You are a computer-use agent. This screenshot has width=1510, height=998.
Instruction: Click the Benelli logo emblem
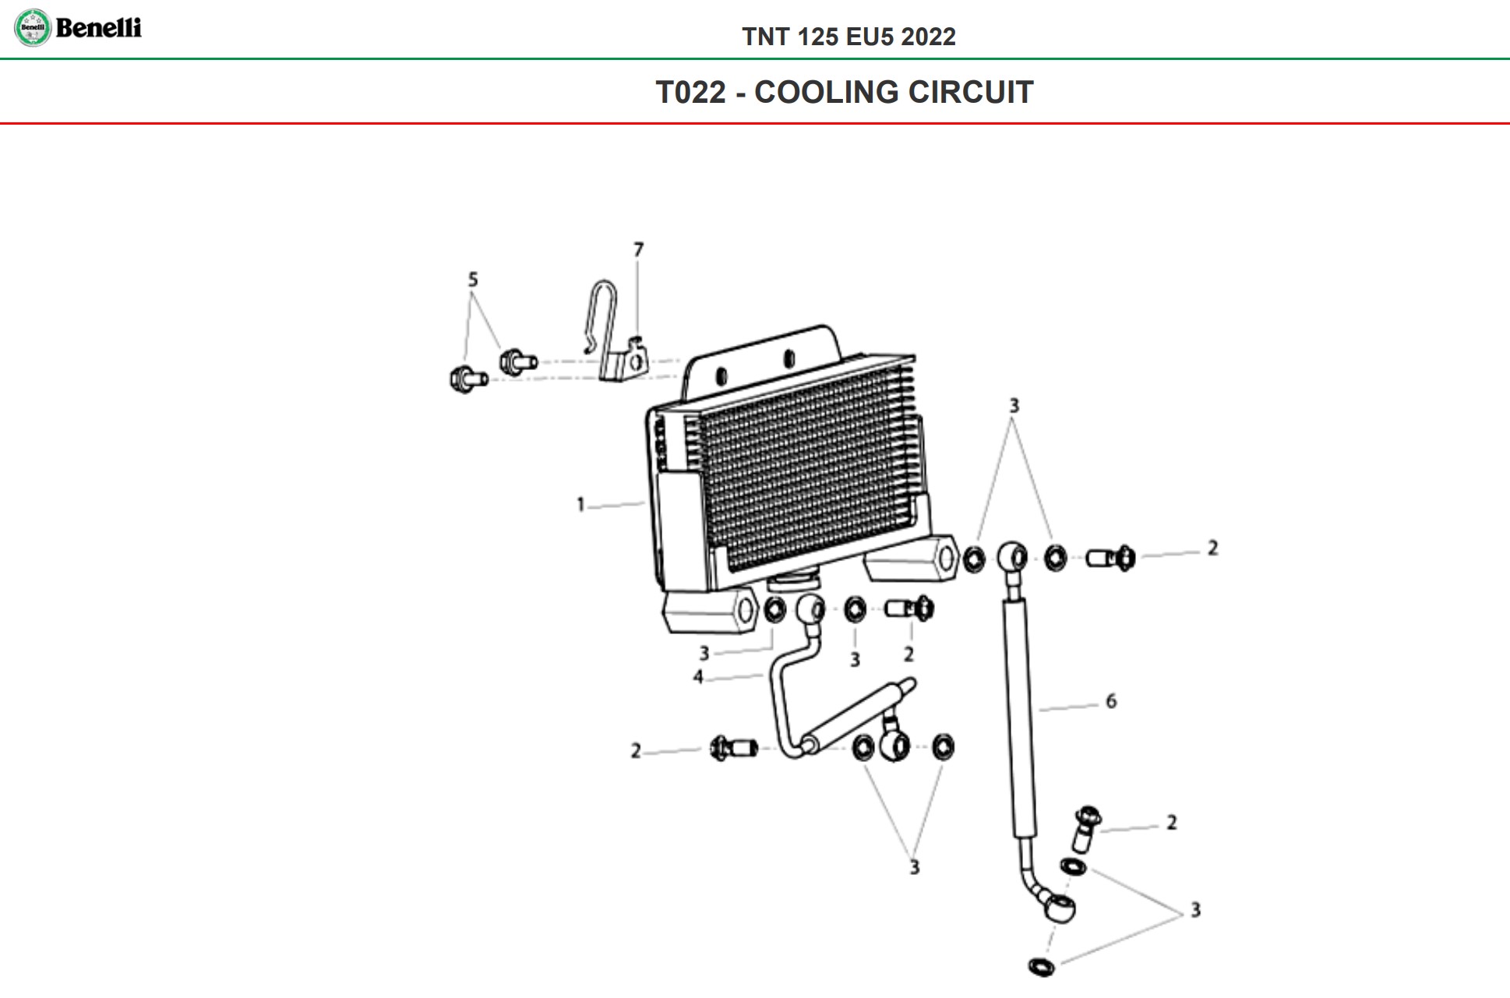[x=33, y=28]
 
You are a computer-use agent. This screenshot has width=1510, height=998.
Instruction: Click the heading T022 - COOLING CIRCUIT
[x=845, y=92]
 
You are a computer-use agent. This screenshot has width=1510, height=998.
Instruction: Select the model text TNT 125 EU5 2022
[x=848, y=37]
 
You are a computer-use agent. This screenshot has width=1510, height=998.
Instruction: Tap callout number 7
[x=639, y=249]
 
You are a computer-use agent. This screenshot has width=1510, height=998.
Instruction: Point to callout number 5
[x=473, y=279]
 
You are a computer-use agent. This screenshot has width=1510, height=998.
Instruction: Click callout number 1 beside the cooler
[x=580, y=505]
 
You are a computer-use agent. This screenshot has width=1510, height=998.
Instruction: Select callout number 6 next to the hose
[x=1111, y=701]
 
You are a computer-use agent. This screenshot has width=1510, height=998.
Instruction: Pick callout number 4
[x=698, y=677]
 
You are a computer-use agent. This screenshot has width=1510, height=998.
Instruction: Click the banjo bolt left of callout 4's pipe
[x=734, y=749]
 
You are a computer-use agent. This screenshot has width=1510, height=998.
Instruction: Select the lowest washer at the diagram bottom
[x=1042, y=966]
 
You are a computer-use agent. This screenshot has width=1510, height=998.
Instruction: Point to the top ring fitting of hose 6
[x=1012, y=557]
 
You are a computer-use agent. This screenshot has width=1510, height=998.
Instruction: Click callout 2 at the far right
[x=1212, y=548]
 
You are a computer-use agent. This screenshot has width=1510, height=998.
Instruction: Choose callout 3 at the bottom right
[x=1196, y=910]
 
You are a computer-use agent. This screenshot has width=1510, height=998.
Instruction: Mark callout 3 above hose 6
[x=1014, y=405]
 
